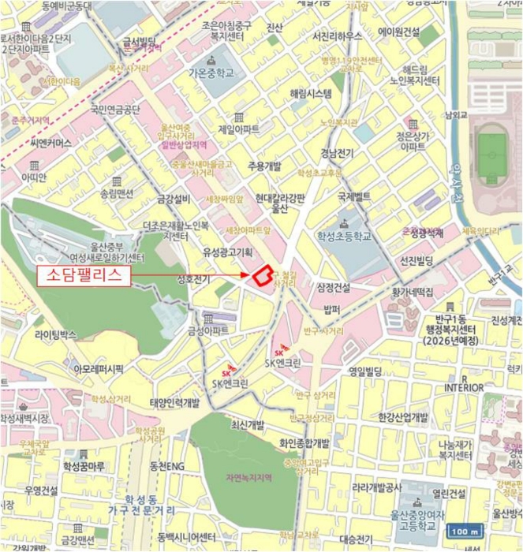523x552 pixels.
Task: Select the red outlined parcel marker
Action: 260,275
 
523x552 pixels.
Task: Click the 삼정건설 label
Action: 332,287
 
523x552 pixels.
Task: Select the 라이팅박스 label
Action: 56,334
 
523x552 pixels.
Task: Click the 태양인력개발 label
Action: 175,402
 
